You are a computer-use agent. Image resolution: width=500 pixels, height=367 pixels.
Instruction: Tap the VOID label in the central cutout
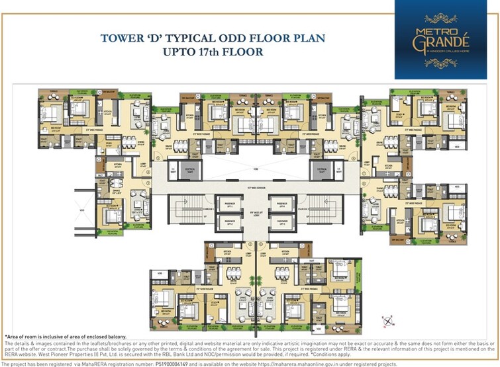point(255,169)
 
